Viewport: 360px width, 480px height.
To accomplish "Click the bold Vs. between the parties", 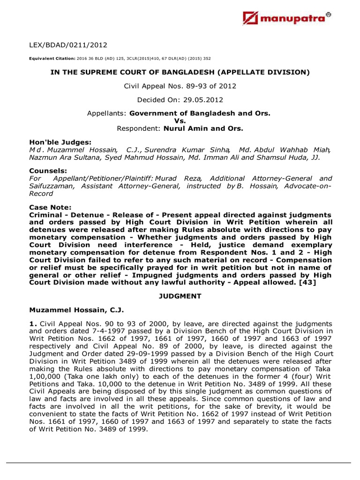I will pos(180,120).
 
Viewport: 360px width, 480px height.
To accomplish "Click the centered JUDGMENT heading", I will pos(180,296).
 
